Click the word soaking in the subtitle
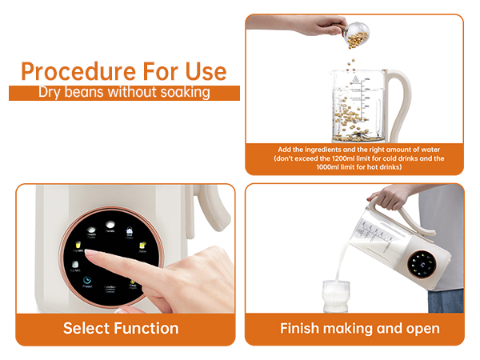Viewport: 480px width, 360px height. click(183, 92)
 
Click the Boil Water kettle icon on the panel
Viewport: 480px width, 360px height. click(130, 230)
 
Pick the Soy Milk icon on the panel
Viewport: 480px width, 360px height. click(78, 245)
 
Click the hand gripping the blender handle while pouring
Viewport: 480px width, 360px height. click(383, 197)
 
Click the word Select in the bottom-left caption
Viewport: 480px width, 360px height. click(86, 328)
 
